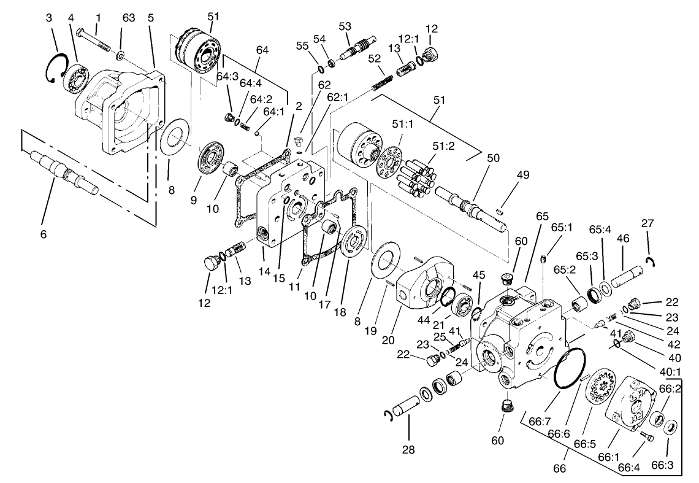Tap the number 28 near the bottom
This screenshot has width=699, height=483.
pyautogui.click(x=408, y=449)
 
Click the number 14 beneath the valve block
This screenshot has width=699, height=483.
pyautogui.click(x=265, y=271)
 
